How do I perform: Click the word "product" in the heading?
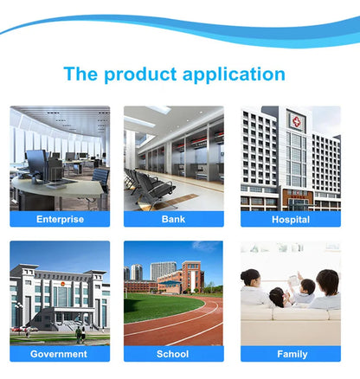click(140, 74)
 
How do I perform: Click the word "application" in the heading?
click(234, 74)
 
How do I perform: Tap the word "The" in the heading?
click(80, 74)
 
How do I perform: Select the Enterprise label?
click(60, 219)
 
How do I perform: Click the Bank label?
click(173, 219)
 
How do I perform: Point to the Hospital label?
click(291, 220)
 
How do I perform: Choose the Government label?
click(59, 354)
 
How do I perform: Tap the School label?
click(172, 354)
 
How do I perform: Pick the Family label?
click(292, 354)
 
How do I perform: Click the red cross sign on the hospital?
click(296, 121)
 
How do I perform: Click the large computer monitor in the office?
click(36, 162)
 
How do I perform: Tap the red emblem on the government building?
click(61, 284)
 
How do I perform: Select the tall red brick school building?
click(193, 277)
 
